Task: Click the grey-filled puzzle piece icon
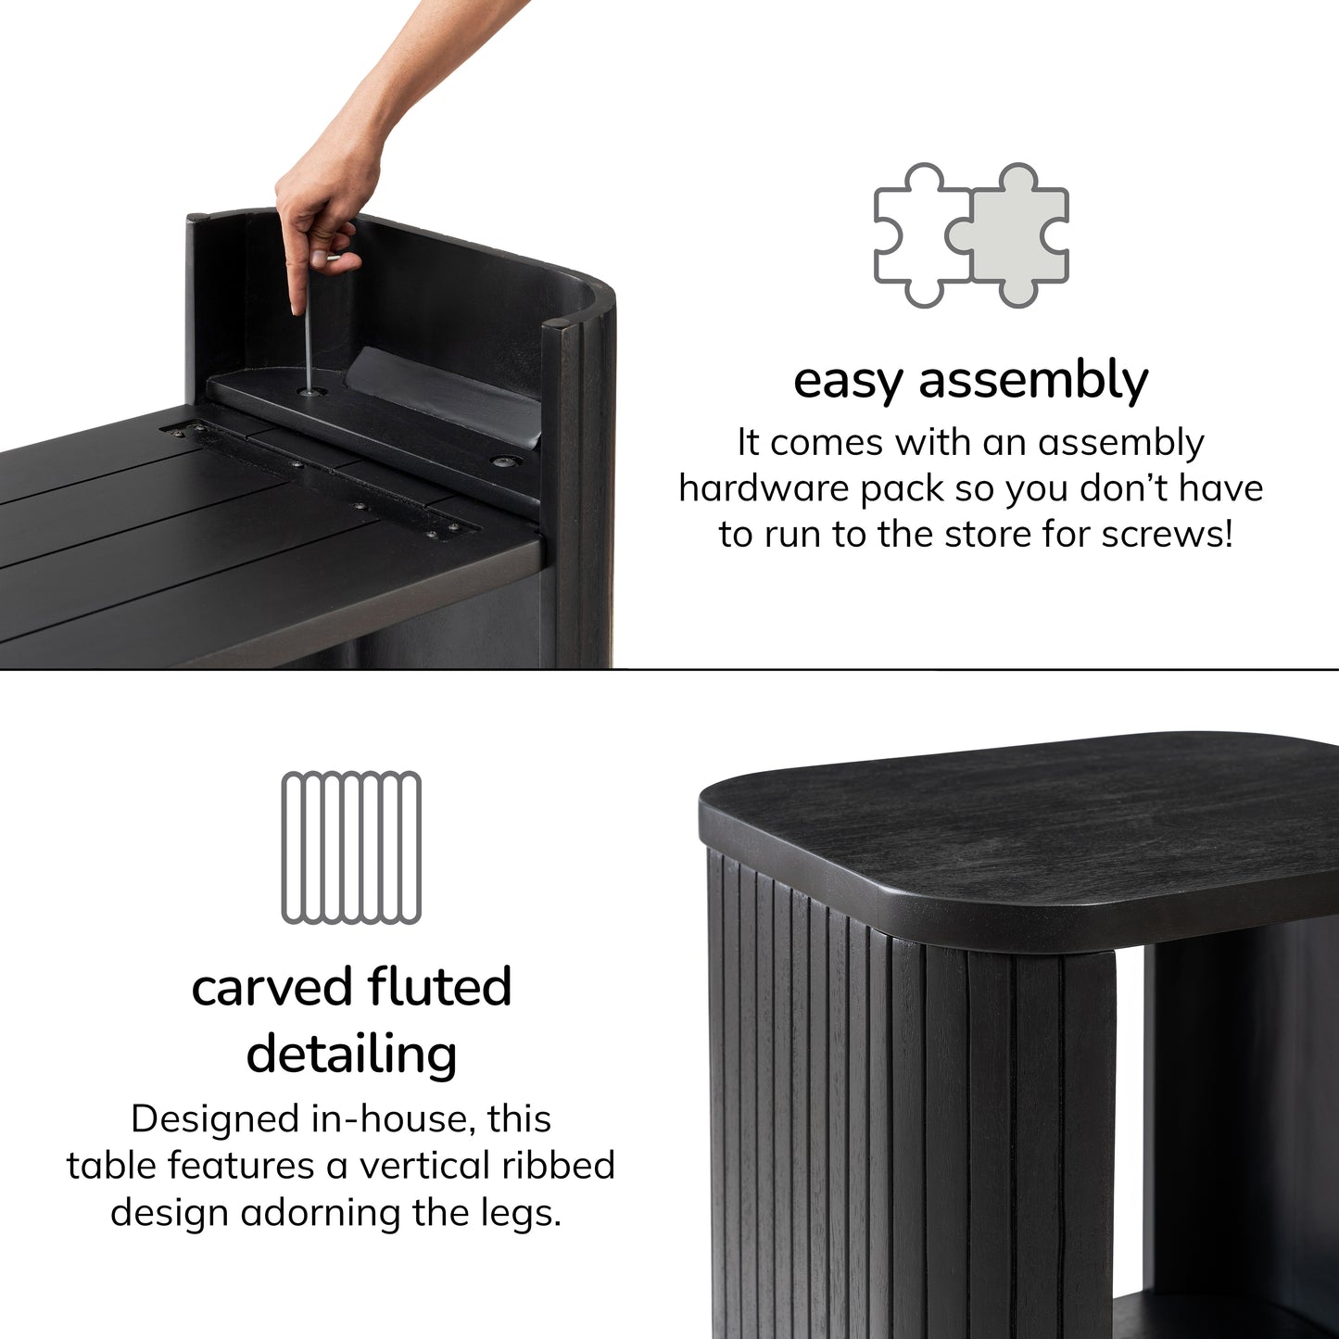(1011, 236)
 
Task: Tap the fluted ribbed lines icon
(351, 848)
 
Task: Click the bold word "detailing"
(351, 1054)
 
